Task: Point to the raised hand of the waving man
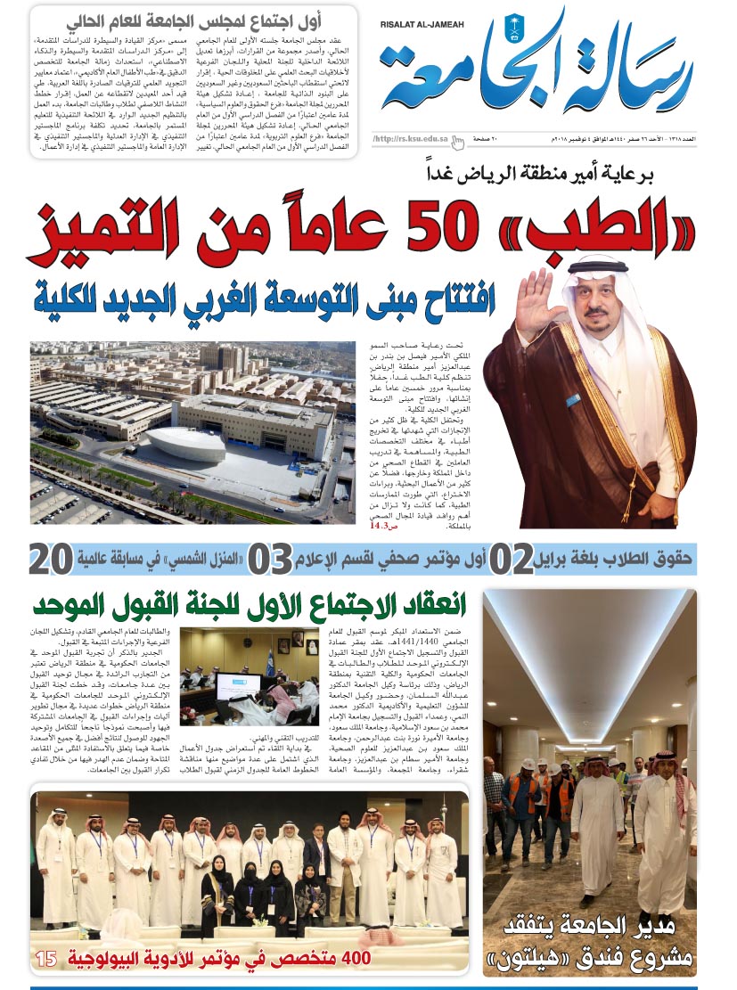pyautogui.click(x=536, y=301)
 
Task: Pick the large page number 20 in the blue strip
pyautogui.click(x=50, y=559)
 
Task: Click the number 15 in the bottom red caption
pyautogui.click(x=46, y=961)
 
